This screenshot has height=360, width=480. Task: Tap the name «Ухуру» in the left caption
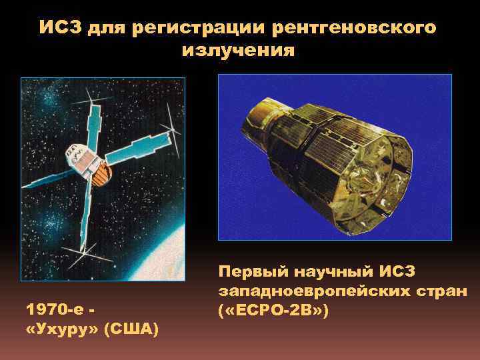point(61,330)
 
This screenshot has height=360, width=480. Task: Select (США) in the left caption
point(131,330)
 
